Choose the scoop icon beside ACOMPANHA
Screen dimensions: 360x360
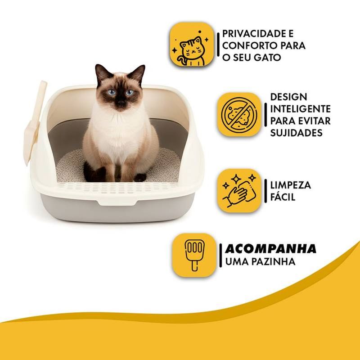click(194, 255)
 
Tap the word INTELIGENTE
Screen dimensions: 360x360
click(301, 109)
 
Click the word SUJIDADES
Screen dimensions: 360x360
click(296, 133)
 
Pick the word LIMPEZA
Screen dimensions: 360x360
click(291, 185)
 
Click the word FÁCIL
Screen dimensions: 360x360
click(283, 197)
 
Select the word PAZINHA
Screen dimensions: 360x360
click(274, 261)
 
